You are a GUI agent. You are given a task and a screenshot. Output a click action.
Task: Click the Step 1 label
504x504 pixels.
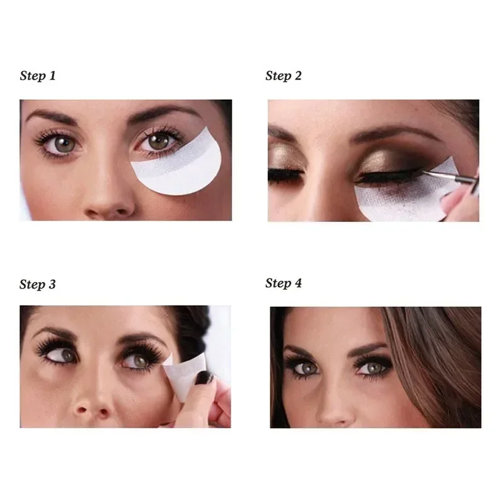click(x=38, y=76)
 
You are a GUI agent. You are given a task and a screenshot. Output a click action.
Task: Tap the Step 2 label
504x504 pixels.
click(x=283, y=76)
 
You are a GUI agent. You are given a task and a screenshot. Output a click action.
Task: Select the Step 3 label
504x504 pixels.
click(x=38, y=284)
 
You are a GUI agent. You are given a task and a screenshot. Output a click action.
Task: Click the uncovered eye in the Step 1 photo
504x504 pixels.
click(x=62, y=143)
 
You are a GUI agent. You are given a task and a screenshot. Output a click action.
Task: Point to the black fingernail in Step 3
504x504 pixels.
click(x=205, y=378)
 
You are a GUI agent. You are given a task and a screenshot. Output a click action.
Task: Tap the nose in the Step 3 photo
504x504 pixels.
click(x=94, y=406)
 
